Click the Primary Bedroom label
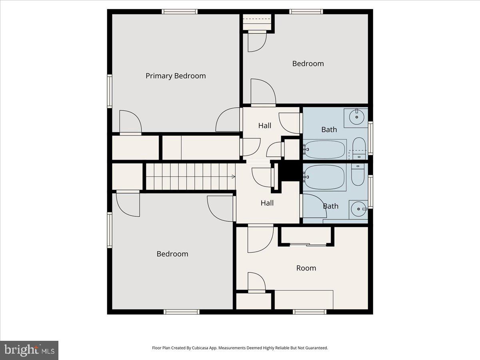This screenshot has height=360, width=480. (176, 76)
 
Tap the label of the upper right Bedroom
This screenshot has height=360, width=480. (308, 64)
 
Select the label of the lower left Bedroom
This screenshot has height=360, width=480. (172, 254)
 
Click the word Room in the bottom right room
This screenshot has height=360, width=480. (306, 268)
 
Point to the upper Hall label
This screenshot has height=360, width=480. (264, 126)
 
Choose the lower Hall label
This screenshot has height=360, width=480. (267, 203)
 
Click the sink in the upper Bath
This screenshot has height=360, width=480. (356, 117)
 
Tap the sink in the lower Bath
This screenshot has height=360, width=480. (358, 208)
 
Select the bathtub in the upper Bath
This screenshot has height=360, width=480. (324, 150)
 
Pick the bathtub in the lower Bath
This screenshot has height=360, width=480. (324, 177)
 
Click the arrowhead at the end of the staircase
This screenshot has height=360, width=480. (233, 176)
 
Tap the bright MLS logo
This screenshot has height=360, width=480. (29, 350)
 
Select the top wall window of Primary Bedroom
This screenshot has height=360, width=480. (180, 12)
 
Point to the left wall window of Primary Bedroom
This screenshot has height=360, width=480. (109, 91)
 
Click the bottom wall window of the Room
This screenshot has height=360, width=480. (310, 312)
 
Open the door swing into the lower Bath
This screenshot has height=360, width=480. (314, 206)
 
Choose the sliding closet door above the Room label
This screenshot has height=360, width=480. (308, 244)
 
